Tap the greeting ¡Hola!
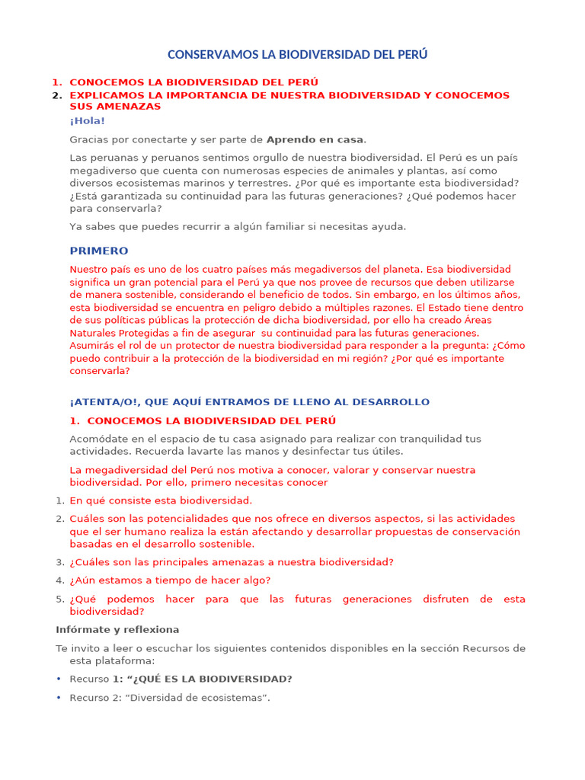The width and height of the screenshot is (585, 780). coord(87,120)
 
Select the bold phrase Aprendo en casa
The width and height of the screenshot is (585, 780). coord(315,139)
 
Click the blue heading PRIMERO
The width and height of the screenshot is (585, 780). coord(99,251)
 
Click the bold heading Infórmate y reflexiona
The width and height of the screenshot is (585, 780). coord(117,630)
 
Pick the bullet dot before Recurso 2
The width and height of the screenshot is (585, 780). coord(59,698)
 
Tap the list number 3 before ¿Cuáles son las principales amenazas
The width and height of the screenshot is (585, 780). coord(59,562)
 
